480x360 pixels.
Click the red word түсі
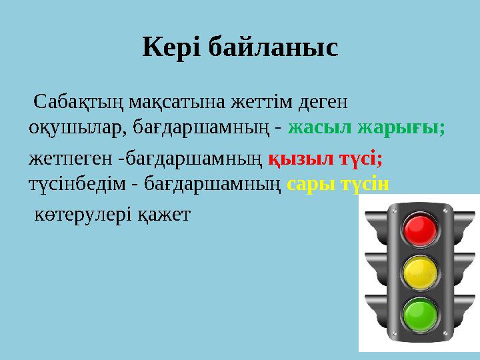point(359,160)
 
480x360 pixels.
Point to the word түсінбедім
point(76,183)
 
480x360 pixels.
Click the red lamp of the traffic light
point(420,229)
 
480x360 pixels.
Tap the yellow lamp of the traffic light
point(420,271)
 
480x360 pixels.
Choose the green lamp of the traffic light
point(420,313)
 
